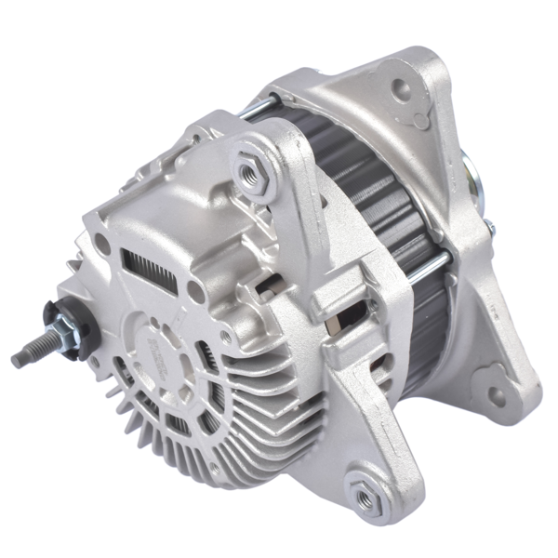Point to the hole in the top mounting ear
402,90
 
